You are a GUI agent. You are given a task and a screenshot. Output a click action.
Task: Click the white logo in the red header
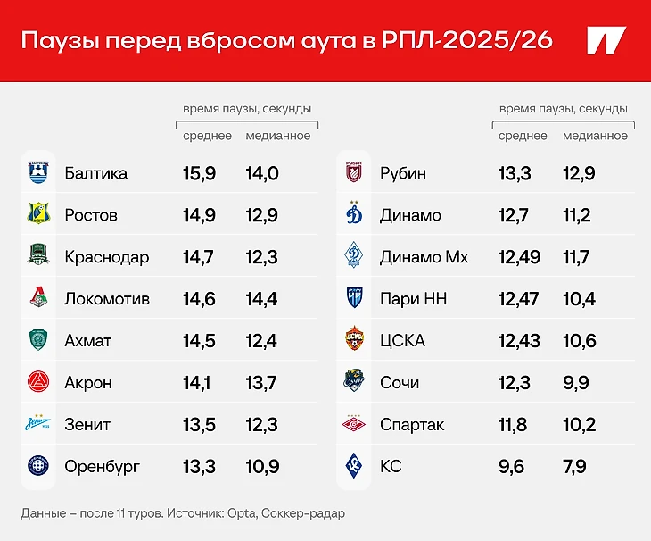[606, 41]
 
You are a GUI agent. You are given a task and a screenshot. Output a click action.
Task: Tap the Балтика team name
[96, 173]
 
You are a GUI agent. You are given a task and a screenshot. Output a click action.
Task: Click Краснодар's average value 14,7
[199, 257]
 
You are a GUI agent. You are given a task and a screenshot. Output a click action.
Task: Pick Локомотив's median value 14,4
[262, 299]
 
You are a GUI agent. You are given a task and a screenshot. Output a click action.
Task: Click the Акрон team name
[88, 383]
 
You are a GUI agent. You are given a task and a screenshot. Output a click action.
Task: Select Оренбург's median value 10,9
[262, 467]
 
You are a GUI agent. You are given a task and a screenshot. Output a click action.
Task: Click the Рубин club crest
[353, 173]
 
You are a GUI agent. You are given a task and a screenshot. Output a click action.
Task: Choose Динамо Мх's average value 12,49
[519, 257]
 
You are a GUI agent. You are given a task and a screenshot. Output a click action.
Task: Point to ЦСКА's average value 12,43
[519, 341]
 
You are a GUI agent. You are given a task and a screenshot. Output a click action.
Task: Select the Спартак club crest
[353, 425]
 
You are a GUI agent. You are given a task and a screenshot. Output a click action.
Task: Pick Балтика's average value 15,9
[199, 173]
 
